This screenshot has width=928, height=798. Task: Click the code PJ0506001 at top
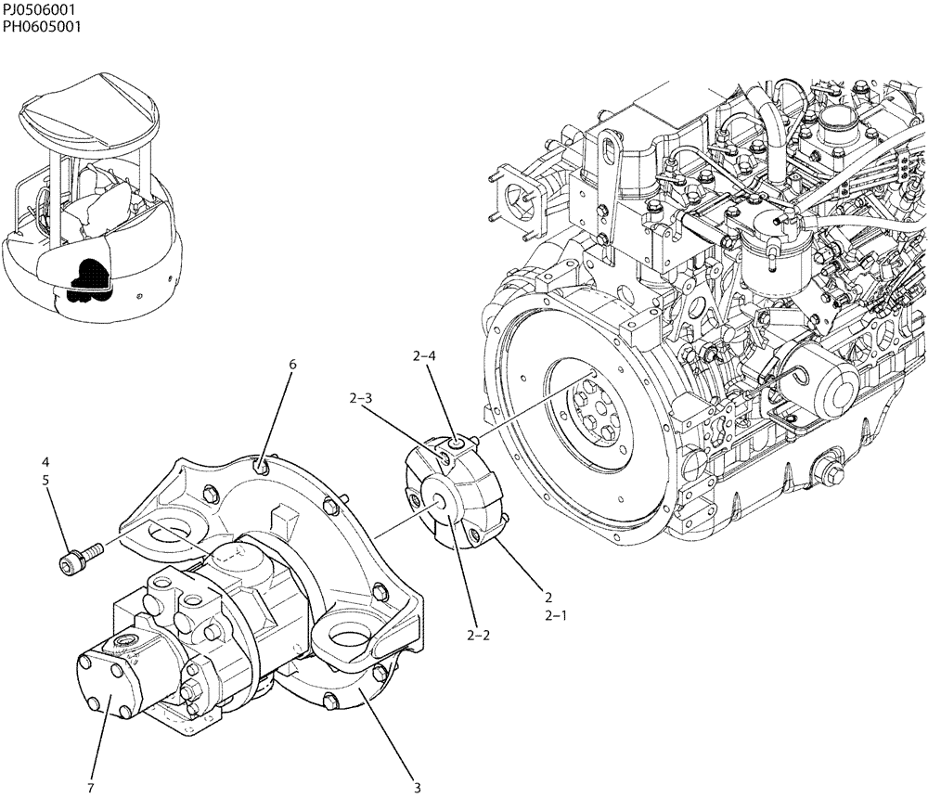38,9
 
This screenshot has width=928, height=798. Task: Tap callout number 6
292,365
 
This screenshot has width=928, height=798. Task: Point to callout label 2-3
361,399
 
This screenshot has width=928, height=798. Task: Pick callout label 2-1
556,615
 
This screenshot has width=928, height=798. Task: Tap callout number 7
90,788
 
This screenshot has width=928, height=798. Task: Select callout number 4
45,461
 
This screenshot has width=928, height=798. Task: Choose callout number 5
45,480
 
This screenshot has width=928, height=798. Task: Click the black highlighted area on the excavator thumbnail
87,277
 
